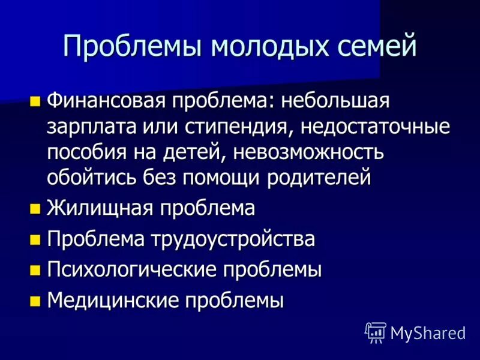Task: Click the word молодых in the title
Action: (x=254, y=47)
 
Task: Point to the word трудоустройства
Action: (x=233, y=239)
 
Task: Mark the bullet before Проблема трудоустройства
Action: (x=35, y=239)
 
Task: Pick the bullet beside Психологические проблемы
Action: (x=35, y=269)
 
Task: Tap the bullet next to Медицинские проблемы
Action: (x=35, y=299)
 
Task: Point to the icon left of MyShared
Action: (x=375, y=332)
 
